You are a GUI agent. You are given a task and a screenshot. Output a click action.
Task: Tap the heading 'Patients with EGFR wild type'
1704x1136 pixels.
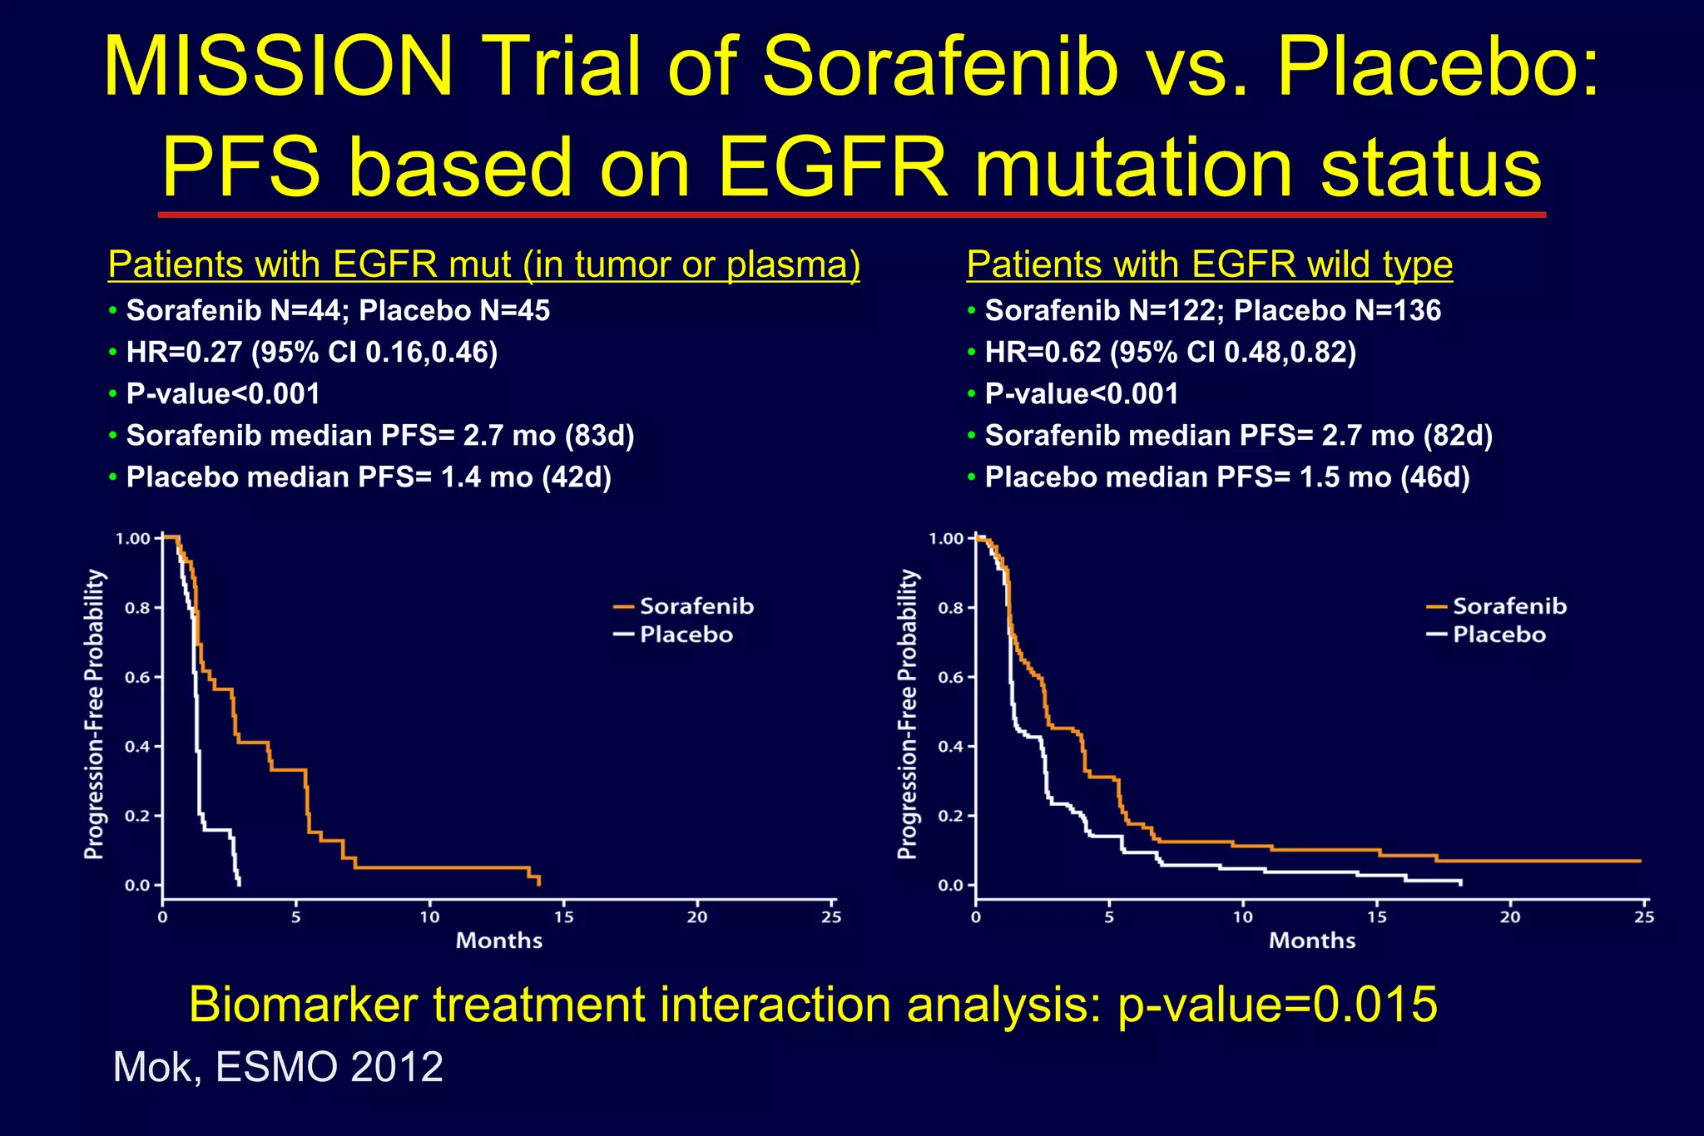(1209, 264)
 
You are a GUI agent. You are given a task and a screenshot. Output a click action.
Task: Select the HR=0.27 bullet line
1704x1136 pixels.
(311, 353)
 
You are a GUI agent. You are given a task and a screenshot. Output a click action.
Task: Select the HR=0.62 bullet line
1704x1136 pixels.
(1170, 353)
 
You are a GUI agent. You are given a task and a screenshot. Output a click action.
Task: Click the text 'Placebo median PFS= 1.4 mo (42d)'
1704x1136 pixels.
(368, 477)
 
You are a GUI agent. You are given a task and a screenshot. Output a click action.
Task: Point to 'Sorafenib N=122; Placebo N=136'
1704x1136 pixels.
(1212, 311)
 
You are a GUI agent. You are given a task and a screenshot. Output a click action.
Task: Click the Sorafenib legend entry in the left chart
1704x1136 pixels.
(696, 606)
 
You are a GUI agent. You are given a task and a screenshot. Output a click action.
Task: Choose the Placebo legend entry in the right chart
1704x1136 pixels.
(1498, 635)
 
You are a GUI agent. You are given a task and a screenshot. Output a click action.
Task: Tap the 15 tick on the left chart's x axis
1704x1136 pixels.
(563, 916)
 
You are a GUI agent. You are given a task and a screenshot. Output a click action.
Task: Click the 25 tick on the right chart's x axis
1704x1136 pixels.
(1644, 916)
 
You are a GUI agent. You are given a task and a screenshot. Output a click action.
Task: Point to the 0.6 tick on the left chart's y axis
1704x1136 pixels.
(138, 677)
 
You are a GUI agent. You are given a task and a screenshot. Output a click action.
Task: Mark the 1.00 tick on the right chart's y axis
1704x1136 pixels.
(946, 539)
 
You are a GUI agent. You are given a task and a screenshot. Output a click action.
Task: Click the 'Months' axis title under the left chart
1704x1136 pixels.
(499, 941)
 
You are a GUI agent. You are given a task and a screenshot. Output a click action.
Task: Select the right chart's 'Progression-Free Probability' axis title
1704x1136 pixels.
(908, 714)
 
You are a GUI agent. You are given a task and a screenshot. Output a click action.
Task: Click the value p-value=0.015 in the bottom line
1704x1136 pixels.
(1277, 1005)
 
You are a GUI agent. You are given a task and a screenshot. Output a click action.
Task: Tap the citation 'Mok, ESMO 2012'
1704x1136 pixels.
(278, 1067)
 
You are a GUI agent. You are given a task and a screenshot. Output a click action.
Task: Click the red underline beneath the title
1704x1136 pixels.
(851, 215)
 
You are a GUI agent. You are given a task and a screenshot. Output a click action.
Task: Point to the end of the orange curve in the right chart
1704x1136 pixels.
(1640, 861)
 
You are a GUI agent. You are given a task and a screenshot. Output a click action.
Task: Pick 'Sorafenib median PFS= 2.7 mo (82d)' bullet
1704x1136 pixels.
(1238, 436)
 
